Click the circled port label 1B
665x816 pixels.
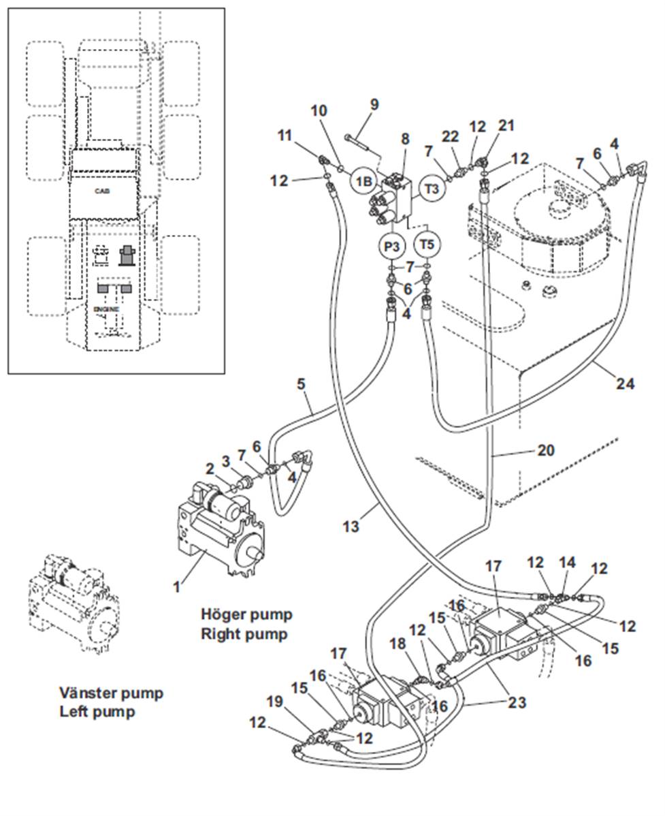coord(364,182)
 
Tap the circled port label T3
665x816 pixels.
coord(432,189)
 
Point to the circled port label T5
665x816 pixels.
coord(427,243)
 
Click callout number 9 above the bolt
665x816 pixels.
coord(374,106)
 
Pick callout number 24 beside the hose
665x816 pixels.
coord(625,384)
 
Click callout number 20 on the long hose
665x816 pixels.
coord(546,450)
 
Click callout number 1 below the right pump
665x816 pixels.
coord(177,585)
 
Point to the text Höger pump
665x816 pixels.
coord(246,614)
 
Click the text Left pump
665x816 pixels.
coord(97,712)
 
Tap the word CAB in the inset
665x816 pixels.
coord(102,191)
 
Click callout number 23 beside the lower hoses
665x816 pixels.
coord(517,702)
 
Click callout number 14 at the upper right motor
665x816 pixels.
coord(567,563)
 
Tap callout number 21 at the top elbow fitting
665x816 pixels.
coord(506,127)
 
